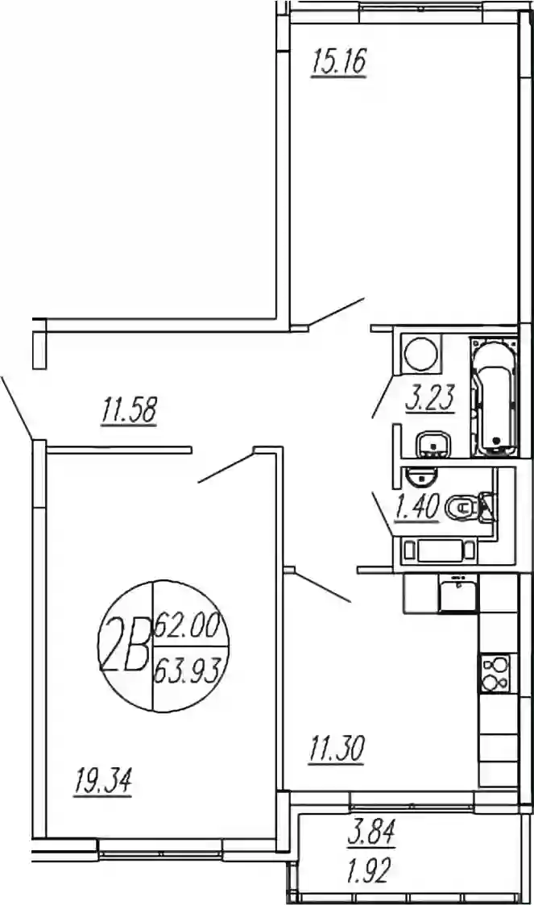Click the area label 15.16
tap(338, 62)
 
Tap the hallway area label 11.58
tap(129, 409)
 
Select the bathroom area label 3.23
tap(431, 397)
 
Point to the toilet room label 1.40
tap(416, 507)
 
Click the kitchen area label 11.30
tap(336, 749)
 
